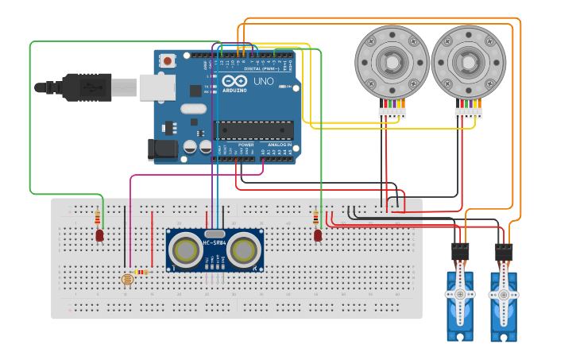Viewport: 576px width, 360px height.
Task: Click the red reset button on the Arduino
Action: click(x=168, y=60)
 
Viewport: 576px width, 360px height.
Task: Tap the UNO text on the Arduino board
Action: click(x=263, y=81)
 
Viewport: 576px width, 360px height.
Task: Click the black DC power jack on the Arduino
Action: click(x=161, y=149)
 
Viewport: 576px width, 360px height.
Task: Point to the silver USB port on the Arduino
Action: click(x=157, y=87)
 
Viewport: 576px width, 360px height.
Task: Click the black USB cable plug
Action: click(x=87, y=87)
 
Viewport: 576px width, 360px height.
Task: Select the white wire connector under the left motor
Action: click(x=392, y=113)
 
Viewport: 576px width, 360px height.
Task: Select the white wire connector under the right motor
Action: click(x=468, y=113)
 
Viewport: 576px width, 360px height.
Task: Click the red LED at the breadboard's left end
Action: click(x=99, y=235)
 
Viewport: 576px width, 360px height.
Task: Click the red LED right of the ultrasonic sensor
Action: click(x=318, y=235)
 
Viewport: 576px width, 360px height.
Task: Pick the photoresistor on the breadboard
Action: click(x=126, y=279)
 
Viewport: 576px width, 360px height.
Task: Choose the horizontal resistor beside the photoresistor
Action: click(x=141, y=273)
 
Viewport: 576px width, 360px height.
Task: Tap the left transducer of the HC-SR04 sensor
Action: click(x=187, y=250)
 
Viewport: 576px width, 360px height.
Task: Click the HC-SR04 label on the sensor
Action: click(x=215, y=242)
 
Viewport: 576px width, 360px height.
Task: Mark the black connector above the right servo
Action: click(x=504, y=253)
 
